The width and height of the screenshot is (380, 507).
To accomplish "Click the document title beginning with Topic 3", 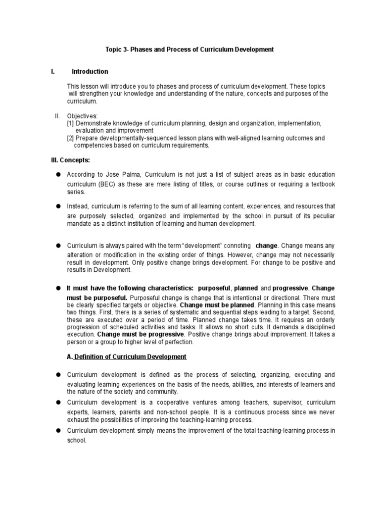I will [190, 50].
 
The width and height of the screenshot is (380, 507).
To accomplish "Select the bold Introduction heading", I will [90, 72].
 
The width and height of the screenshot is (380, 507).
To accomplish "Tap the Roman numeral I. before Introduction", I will [52, 72].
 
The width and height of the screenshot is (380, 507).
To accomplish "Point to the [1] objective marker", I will [71, 123].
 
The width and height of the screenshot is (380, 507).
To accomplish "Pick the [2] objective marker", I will [71, 139].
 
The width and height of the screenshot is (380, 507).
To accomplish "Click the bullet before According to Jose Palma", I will [58, 175].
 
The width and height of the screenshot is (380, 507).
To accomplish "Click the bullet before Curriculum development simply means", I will [58, 431].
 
